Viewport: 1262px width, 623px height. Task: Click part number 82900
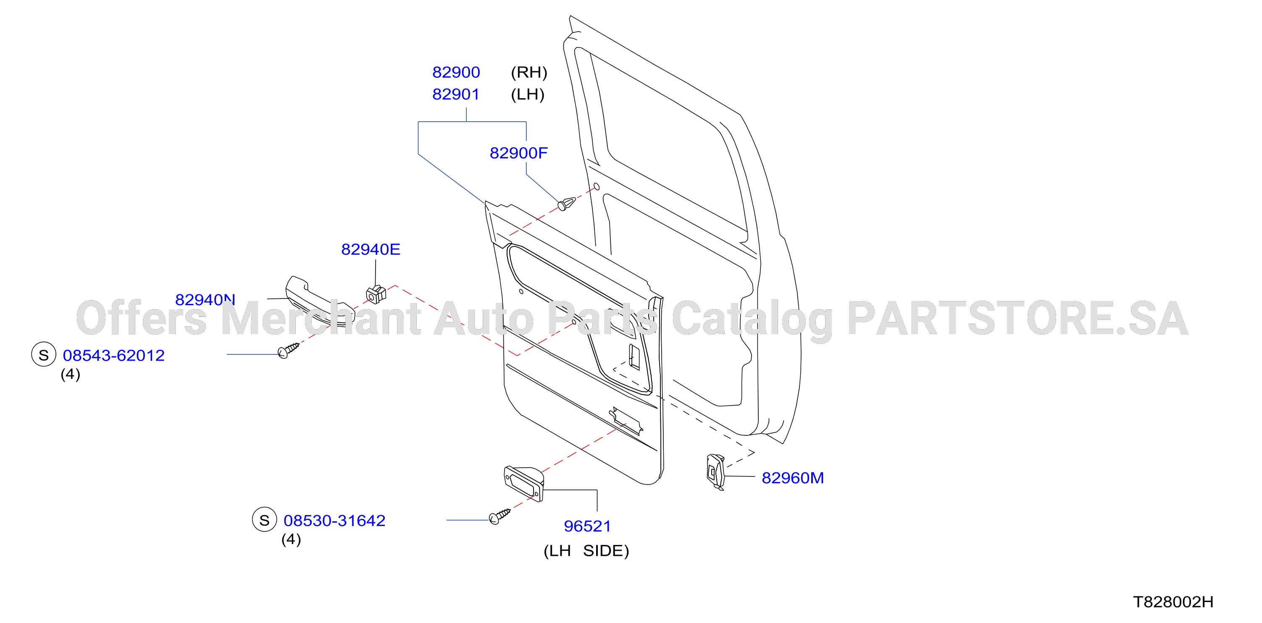[456, 73]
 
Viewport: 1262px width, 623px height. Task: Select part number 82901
[456, 94]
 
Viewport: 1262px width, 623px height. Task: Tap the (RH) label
[529, 73]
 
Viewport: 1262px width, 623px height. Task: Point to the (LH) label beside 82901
[528, 94]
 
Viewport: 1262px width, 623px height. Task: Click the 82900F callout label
[518, 153]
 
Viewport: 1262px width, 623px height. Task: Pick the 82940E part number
[371, 250]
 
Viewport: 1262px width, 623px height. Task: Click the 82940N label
[205, 299]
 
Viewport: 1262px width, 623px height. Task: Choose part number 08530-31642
[334, 520]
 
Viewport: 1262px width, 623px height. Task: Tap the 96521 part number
[587, 526]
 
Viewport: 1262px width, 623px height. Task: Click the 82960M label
[793, 478]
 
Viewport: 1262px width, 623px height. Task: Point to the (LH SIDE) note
[586, 551]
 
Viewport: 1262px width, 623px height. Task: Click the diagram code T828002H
[1173, 602]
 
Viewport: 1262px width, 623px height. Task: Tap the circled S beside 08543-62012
[44, 355]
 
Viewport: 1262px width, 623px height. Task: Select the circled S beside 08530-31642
[265, 520]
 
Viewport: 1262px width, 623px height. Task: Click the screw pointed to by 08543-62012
[288, 351]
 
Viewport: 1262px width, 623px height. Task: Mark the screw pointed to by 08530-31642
[500, 516]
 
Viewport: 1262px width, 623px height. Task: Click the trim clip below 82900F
[566, 204]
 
